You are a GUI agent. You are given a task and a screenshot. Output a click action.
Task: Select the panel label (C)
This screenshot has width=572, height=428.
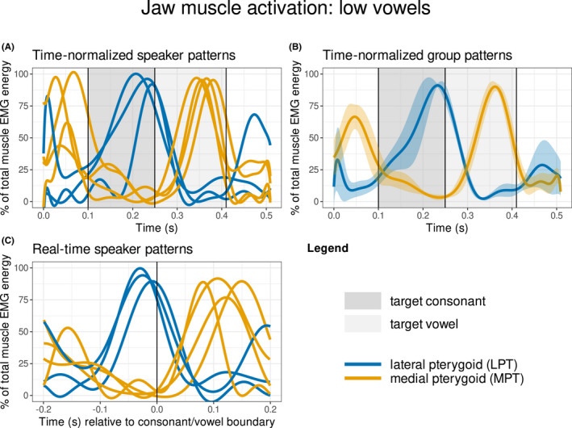pyautogui.click(x=12, y=240)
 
